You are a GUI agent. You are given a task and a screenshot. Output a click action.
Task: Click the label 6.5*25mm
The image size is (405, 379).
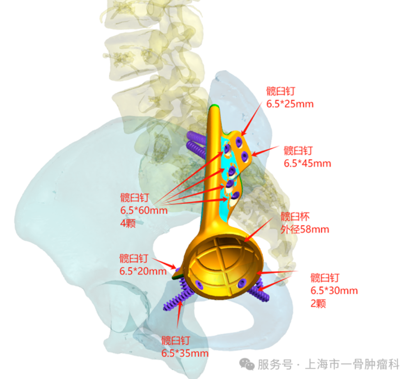290,104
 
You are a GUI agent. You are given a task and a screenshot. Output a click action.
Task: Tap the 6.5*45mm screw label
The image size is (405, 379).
307,163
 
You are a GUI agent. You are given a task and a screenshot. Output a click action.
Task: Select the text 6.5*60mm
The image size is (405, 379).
144,210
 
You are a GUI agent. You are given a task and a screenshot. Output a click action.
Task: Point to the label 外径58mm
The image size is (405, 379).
305,229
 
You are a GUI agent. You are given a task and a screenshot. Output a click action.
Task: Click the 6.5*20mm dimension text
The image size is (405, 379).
143,271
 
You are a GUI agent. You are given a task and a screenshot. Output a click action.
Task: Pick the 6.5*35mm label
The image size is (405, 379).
185,353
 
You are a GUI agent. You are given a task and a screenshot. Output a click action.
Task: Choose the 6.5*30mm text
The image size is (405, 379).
334,291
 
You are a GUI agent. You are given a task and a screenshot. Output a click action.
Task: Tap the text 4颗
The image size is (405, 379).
128,223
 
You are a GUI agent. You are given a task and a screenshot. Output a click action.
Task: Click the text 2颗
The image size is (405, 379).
318,304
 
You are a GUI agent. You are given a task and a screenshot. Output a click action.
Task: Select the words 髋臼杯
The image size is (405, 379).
295,217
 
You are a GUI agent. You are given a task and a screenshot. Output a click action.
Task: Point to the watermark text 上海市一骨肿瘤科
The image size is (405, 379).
352,364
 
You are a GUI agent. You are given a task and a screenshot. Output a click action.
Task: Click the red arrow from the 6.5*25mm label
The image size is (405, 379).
252,119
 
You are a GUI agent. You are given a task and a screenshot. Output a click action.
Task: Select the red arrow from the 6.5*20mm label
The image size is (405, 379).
165,263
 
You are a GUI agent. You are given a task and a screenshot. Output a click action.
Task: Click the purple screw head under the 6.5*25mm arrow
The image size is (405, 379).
239,141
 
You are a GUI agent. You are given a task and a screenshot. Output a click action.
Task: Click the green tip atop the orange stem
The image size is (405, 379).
214,105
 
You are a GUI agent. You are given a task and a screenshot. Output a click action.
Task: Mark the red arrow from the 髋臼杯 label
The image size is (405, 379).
258,229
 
